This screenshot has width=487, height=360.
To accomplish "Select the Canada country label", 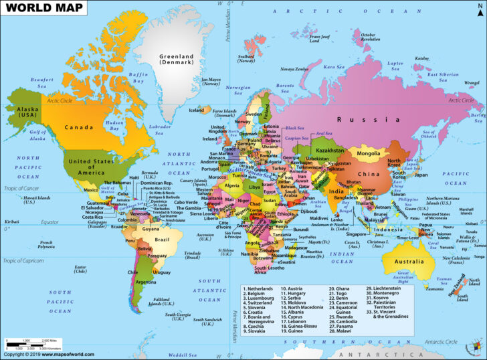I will pos(78,126).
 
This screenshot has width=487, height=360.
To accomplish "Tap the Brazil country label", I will pos(162,239).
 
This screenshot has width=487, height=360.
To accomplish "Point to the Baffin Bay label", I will pos(138,78).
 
